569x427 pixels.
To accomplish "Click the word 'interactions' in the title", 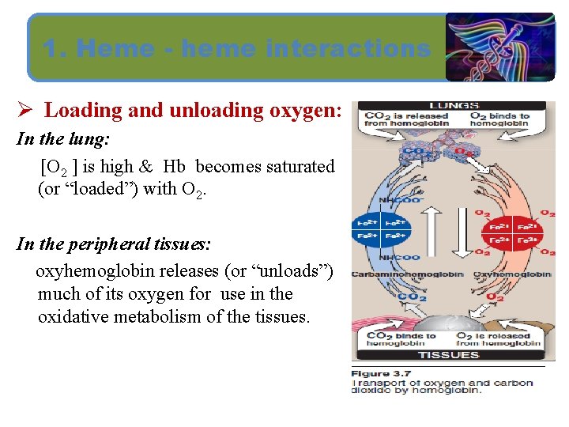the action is point(349,49).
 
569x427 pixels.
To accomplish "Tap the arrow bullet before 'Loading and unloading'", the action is point(24,110).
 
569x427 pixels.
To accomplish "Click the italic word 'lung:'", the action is point(90,138).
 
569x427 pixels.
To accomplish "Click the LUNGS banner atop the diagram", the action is point(454,105).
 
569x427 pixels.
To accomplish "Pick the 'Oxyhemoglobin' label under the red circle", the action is point(511,274).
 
